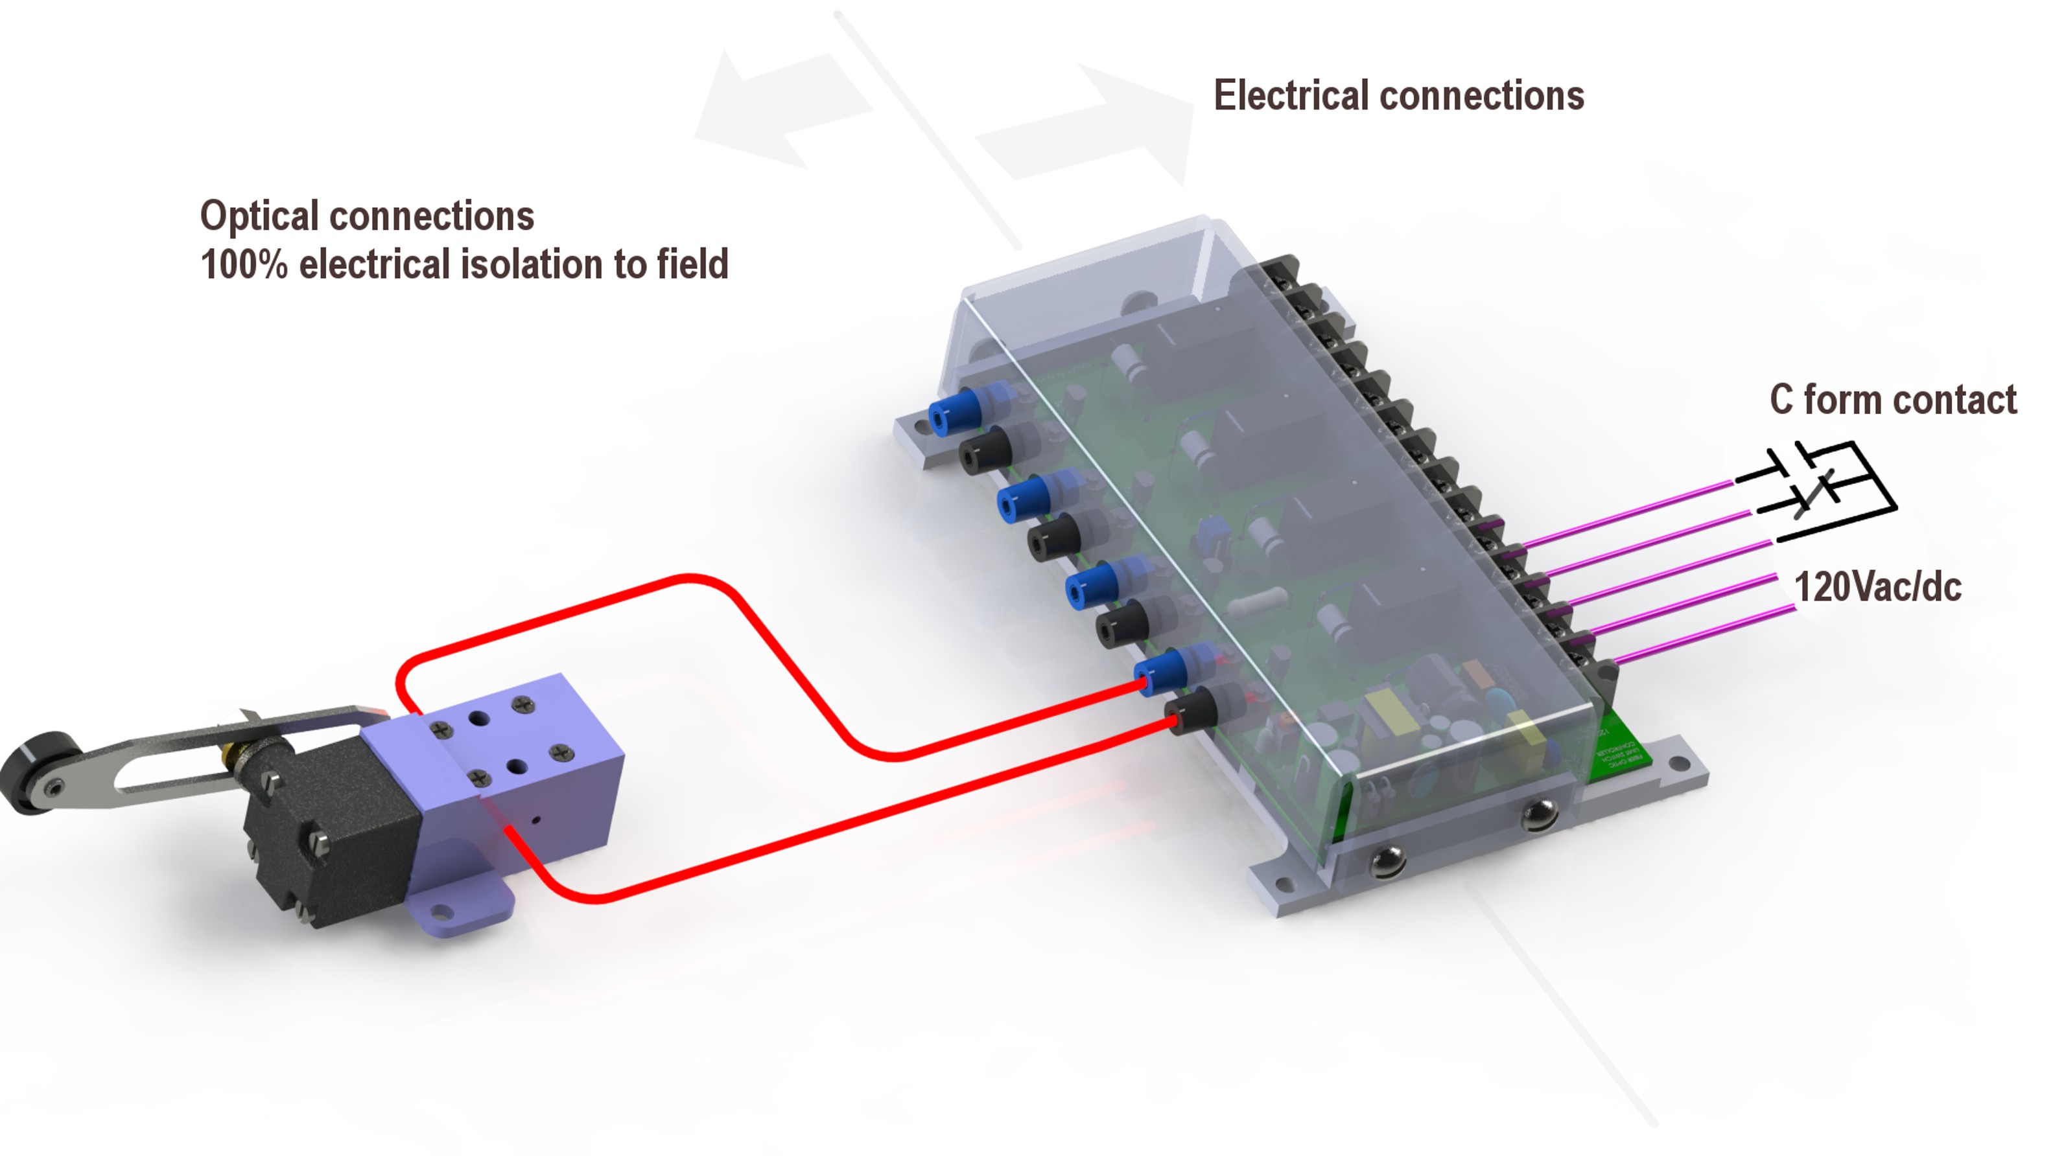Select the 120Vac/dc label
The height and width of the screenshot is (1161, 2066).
(x=1877, y=587)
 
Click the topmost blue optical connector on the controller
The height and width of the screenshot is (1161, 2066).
(x=950, y=413)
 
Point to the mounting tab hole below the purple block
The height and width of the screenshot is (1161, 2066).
(x=440, y=910)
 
